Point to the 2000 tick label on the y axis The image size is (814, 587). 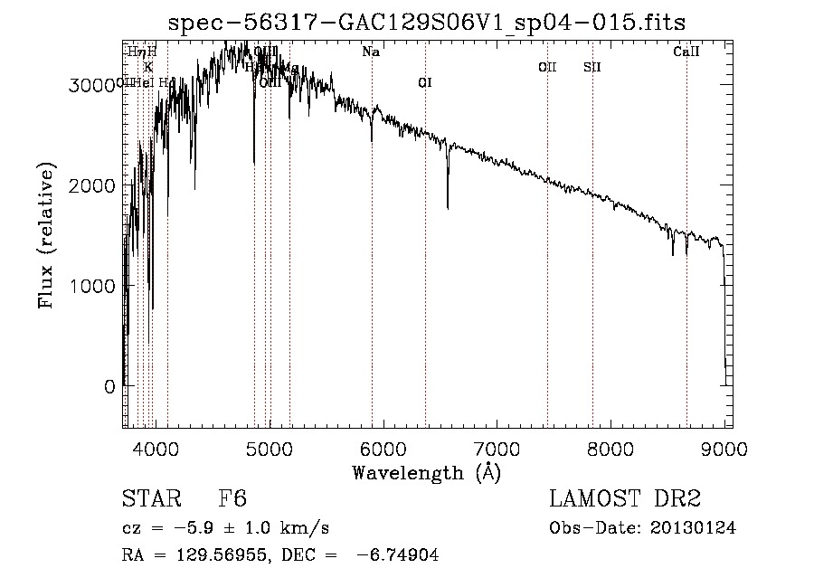pyautogui.click(x=90, y=185)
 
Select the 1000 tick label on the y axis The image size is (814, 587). pyautogui.click(x=90, y=286)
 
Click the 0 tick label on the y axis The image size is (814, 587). pyautogui.click(x=109, y=387)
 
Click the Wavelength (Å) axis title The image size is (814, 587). pyautogui.click(x=425, y=472)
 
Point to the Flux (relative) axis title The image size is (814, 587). pyautogui.click(x=46, y=236)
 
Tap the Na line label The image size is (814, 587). pyautogui.click(x=371, y=52)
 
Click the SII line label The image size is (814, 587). pyautogui.click(x=592, y=67)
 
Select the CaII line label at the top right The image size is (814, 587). pyautogui.click(x=686, y=52)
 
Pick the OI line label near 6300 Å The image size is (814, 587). pyautogui.click(x=425, y=83)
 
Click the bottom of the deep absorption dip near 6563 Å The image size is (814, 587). pyautogui.click(x=448, y=208)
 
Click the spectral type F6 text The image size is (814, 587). pyautogui.click(x=232, y=499)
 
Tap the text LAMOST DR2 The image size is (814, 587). pyautogui.click(x=625, y=499)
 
